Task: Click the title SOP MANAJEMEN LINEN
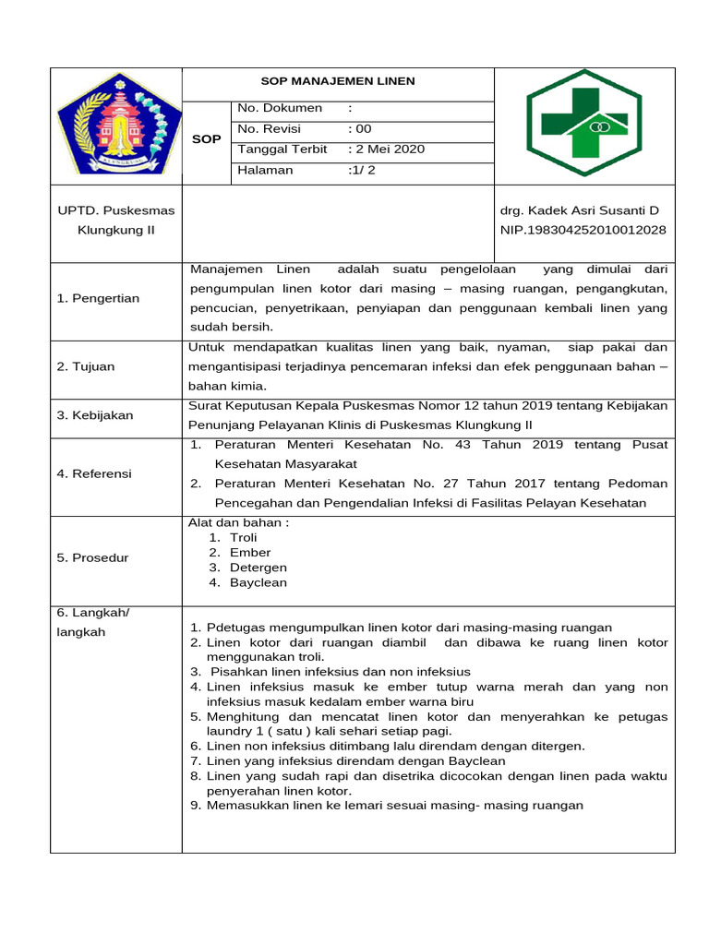338,81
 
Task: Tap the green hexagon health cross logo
584,123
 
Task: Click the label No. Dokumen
280,108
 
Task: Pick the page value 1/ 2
363,170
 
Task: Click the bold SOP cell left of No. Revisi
206,139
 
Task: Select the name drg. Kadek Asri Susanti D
580,211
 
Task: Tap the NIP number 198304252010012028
583,230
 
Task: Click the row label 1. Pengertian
98,298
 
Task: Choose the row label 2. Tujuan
86,366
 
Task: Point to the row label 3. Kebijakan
95,415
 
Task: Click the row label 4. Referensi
94,473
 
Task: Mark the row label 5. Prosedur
93,557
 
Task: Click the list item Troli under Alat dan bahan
244,537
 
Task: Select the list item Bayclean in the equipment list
258,582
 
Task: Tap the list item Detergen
258,568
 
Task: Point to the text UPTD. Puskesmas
116,211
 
